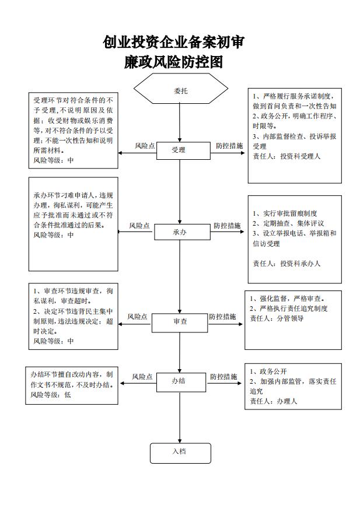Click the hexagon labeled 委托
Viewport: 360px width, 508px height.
click(181, 89)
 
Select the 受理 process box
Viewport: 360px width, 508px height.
click(183, 151)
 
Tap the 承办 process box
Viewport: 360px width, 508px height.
click(182, 232)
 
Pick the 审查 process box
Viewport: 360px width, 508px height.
click(180, 323)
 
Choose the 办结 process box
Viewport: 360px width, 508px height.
click(181, 382)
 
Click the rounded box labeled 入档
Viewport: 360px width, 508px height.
click(180, 453)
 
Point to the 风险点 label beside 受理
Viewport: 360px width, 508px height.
click(145, 146)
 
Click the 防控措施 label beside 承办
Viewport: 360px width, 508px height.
click(227, 226)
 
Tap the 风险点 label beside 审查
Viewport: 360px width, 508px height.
click(137, 317)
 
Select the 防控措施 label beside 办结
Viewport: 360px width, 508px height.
click(223, 377)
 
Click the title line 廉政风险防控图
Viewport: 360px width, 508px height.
click(173, 62)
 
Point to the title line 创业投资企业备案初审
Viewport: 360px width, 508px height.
click(174, 42)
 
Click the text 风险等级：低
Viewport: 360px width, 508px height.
click(51, 395)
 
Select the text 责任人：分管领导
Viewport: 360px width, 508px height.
click(277, 318)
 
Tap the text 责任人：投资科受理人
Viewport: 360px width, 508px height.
click(286, 156)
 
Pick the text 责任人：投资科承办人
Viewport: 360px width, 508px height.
click(286, 264)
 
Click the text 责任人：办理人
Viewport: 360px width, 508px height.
click(273, 401)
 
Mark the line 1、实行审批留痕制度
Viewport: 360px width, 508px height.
click(285, 213)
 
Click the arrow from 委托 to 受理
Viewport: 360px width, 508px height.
click(180, 123)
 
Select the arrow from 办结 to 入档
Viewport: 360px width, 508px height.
click(180, 418)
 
